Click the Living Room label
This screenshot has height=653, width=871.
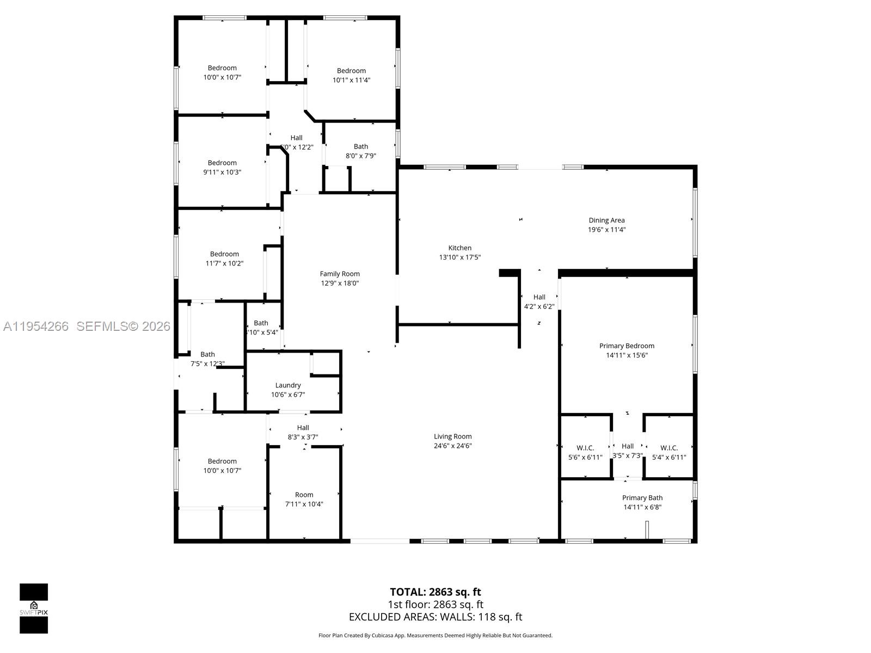click(452, 436)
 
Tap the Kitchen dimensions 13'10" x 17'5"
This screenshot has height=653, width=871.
click(460, 257)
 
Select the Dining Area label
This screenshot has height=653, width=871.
click(606, 220)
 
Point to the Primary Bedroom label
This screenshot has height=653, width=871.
click(627, 346)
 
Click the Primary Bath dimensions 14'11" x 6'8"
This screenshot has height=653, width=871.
click(642, 507)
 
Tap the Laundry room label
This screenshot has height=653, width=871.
click(288, 385)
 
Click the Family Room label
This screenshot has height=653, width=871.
click(340, 274)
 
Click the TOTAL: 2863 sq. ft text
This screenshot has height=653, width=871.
click(435, 592)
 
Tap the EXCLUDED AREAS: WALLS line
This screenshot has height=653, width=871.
click(435, 617)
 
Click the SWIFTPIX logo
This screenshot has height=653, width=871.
click(34, 608)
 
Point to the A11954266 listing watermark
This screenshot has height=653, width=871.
click(36, 326)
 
